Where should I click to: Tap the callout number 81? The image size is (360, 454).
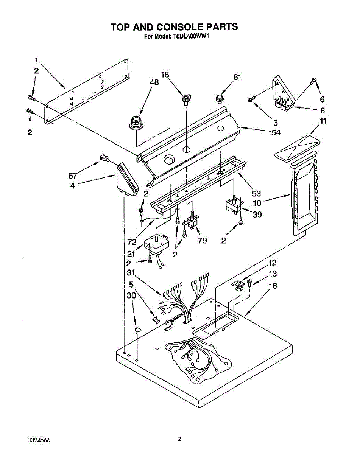coord(237,78)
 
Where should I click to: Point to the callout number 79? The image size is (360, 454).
coord(202,241)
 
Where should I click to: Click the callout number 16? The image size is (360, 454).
coord(273,286)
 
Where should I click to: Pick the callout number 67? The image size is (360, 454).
coord(73,175)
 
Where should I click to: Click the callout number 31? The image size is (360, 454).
coord(131,272)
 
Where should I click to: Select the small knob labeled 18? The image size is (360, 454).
coord(185,100)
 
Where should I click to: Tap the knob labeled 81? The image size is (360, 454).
coord(219,99)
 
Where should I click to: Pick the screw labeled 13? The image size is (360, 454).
coord(249,283)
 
